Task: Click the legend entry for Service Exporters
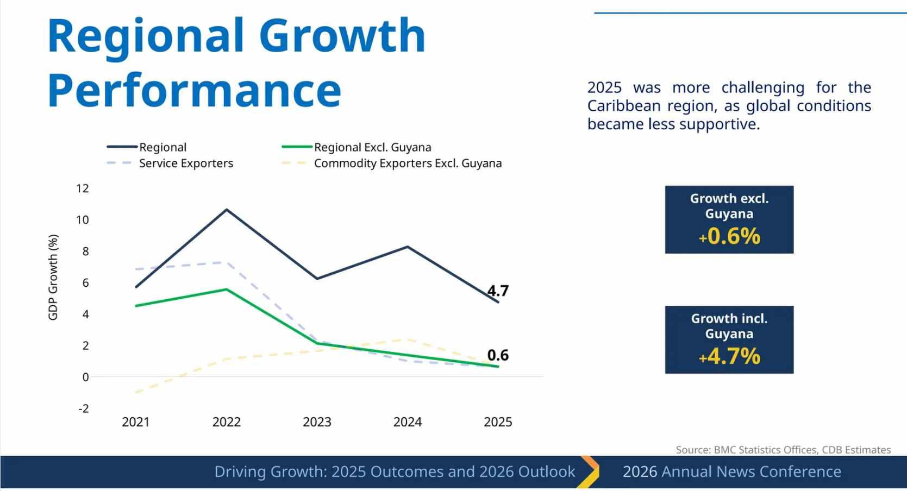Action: pos(186,163)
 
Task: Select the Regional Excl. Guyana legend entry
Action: pos(372,147)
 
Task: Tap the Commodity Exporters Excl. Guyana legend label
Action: pos(408,163)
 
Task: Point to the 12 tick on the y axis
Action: pos(83,188)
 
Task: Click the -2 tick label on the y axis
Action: pos(83,408)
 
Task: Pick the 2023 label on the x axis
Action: pos(317,422)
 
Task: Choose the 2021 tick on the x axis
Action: pos(136,422)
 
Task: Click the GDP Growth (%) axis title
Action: pos(53,277)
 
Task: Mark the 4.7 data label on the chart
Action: pos(498,291)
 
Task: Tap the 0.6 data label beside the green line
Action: pos(498,355)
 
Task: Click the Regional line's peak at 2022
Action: pos(227,209)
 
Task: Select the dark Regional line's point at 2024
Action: pos(408,247)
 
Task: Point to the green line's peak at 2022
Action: pos(227,289)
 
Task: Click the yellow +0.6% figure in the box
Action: pos(729,236)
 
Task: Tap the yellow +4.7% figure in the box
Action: pos(729,356)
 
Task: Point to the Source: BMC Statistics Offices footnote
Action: pos(783,450)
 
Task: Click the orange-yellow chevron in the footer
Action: pos(589,471)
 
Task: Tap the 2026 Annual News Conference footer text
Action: pos(731,471)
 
